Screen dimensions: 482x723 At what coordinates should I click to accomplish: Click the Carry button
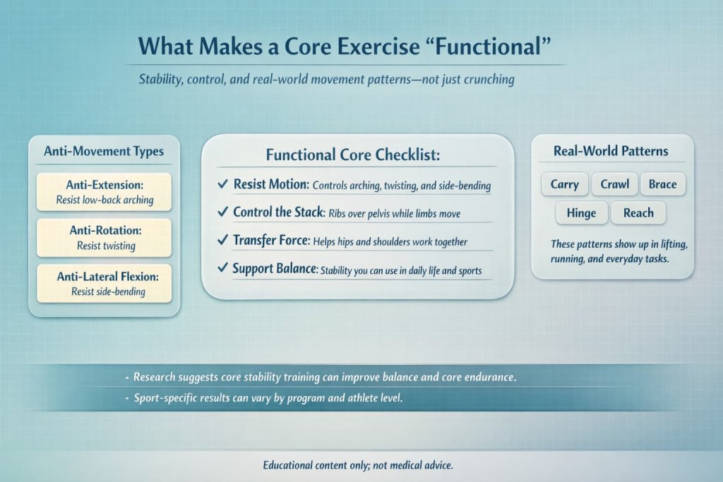(564, 184)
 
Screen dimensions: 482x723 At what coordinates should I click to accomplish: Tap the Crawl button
(614, 184)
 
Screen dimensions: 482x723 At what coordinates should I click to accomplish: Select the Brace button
(662, 184)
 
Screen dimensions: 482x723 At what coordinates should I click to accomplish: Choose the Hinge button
(581, 212)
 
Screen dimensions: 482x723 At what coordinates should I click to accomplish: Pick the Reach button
(638, 212)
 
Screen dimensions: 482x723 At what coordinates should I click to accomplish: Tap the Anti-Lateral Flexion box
(104, 284)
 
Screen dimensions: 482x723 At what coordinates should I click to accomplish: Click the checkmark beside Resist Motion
(222, 185)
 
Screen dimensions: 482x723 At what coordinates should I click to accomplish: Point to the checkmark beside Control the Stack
(222, 212)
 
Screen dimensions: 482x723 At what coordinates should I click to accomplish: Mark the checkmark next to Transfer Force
(222, 241)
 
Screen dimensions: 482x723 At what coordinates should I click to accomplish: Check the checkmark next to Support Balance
(222, 269)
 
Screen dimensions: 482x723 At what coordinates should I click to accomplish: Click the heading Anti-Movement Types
(104, 151)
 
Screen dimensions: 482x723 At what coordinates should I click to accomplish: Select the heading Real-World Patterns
(611, 151)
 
